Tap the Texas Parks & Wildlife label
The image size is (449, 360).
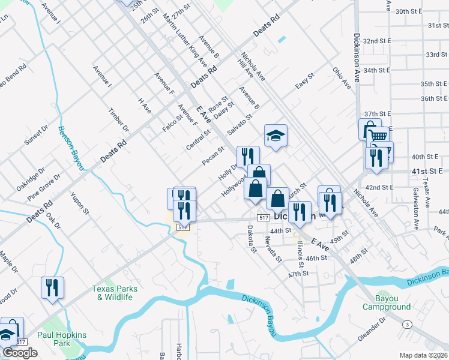[115, 293]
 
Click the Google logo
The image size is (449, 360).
[20, 352]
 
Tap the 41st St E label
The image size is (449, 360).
[426, 172]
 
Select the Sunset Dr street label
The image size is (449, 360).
[35, 137]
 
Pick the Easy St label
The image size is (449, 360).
[305, 80]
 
